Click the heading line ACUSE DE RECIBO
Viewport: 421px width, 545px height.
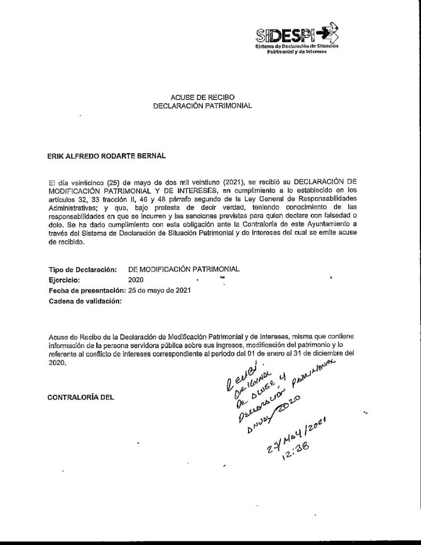202,97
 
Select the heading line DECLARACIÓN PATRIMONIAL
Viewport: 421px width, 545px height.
202,106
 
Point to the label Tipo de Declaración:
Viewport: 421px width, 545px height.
82,270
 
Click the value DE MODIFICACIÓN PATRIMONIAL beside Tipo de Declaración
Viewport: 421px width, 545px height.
184,270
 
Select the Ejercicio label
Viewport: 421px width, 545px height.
64,280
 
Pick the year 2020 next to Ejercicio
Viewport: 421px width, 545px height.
136,280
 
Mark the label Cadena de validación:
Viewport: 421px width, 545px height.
85,301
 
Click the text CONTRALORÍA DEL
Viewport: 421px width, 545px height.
81,397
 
